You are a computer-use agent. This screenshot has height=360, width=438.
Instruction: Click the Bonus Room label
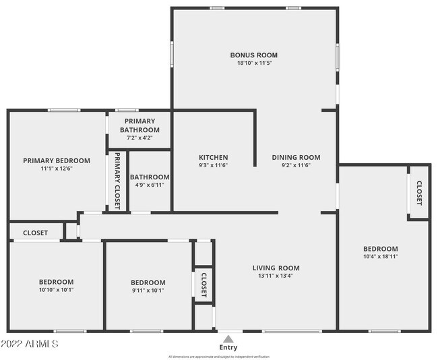click(253, 55)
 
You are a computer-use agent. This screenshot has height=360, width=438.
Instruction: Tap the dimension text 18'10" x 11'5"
click(253, 63)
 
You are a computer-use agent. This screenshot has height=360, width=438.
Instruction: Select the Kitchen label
click(212, 157)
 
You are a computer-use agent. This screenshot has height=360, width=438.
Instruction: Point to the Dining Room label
click(296, 157)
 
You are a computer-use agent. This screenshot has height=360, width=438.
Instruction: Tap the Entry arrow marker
click(228, 338)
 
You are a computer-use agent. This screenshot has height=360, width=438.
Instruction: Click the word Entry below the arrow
click(228, 347)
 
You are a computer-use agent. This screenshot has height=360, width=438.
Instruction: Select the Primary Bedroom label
click(57, 160)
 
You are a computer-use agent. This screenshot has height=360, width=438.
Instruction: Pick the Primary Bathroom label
click(139, 125)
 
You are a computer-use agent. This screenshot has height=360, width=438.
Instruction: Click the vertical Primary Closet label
click(117, 181)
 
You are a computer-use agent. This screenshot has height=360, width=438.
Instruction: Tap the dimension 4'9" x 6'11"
click(149, 185)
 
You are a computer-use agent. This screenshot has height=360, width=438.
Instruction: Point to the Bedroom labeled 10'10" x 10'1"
click(56, 282)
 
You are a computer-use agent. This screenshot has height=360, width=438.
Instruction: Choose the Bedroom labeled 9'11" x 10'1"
click(148, 282)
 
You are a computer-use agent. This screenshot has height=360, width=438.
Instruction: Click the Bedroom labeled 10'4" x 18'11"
click(380, 248)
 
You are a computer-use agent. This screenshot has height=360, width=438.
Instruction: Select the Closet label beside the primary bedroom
click(35, 233)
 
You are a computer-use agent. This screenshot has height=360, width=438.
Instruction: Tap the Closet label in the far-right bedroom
click(418, 193)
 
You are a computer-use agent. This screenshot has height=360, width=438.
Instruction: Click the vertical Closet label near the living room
click(203, 285)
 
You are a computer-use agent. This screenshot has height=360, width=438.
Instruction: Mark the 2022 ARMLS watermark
click(30, 344)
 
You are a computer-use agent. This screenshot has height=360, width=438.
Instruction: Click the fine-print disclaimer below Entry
click(219, 356)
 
